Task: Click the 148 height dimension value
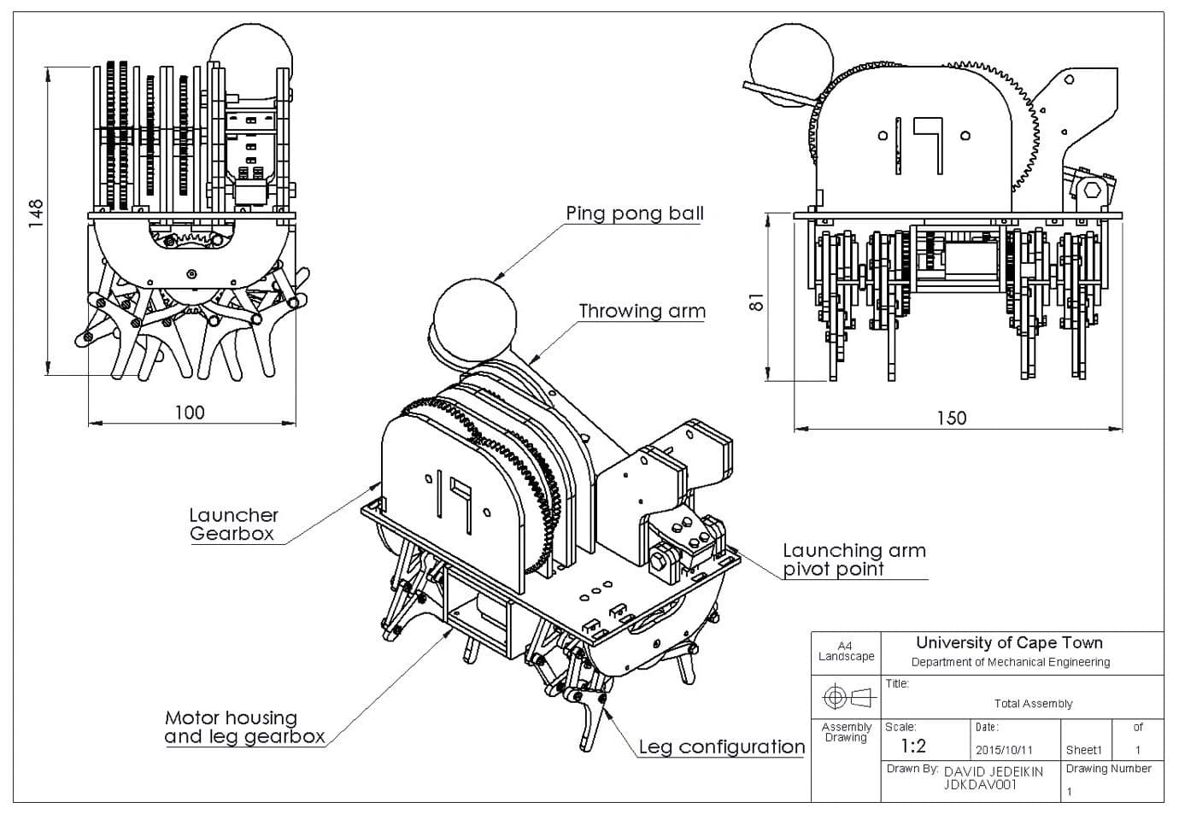click(x=35, y=213)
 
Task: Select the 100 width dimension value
click(x=190, y=413)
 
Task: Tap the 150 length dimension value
click(x=952, y=418)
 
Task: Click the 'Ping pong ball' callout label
click(x=635, y=214)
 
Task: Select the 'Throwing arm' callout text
click(x=642, y=311)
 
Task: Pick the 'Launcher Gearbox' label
click(x=233, y=524)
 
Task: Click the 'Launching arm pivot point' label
click(x=853, y=559)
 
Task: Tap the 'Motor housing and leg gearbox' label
click(x=244, y=727)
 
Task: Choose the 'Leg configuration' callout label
click(x=722, y=747)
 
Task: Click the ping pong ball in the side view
click(x=790, y=65)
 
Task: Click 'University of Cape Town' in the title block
click(x=1009, y=643)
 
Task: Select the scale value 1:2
click(x=913, y=747)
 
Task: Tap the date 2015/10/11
click(x=1004, y=750)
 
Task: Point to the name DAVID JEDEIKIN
click(x=994, y=771)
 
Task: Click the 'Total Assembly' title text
click(x=1033, y=704)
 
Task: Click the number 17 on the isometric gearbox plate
click(x=453, y=499)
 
